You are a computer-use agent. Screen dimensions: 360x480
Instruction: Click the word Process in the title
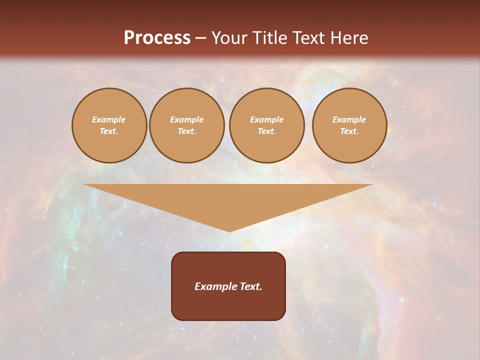click(x=157, y=38)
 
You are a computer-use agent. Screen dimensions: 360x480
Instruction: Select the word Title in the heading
click(x=268, y=38)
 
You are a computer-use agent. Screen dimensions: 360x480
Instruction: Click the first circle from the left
click(x=109, y=125)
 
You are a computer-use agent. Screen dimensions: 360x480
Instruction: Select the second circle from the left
click(x=186, y=125)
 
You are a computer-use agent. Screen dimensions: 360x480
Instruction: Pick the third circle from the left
click(x=266, y=125)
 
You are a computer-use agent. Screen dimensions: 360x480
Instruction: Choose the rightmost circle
click(x=349, y=125)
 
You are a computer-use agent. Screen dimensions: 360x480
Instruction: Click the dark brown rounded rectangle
click(x=228, y=286)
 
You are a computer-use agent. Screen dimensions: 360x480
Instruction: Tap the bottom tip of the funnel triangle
click(x=229, y=230)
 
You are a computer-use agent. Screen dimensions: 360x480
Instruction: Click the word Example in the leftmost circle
click(x=109, y=119)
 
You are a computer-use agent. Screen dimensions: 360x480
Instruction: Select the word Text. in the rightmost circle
click(x=349, y=131)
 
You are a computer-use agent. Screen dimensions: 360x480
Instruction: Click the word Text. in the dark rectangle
click(x=250, y=286)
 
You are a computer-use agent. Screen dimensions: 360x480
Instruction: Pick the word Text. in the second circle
click(x=186, y=131)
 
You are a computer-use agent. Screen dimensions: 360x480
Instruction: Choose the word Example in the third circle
click(x=266, y=119)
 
